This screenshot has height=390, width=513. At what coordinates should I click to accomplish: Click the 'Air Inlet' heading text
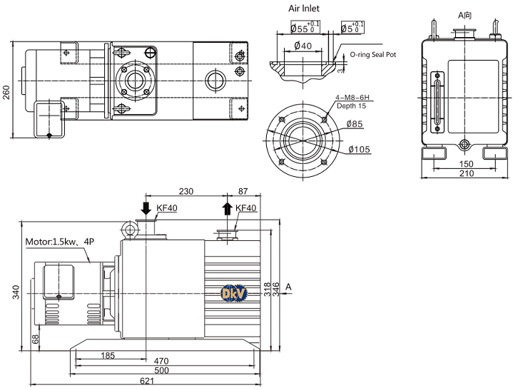click(303, 9)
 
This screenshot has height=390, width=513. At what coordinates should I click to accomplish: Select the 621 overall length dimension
click(146, 381)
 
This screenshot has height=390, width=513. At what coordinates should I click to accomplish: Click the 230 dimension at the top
click(186, 192)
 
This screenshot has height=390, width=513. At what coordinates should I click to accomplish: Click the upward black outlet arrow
click(227, 208)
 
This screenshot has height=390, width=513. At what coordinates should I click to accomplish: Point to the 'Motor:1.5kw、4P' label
click(60, 241)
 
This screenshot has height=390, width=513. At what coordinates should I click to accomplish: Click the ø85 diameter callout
click(356, 124)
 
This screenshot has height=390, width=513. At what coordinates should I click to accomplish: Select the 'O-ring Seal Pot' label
click(373, 54)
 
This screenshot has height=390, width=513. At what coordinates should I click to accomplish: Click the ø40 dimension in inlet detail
click(303, 46)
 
